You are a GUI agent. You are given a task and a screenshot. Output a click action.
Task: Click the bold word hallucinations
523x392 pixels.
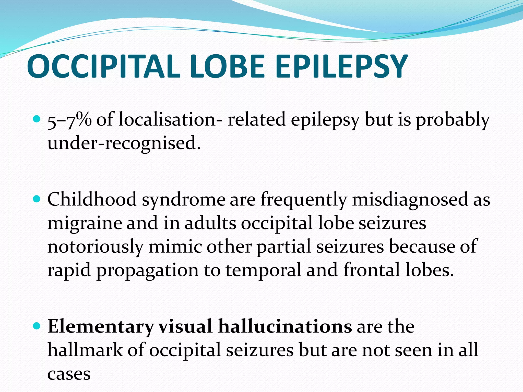click(285, 327)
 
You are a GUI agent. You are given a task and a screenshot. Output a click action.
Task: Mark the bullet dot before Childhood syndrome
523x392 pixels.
click(37, 199)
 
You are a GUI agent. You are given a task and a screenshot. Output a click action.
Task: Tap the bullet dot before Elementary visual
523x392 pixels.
click(37, 326)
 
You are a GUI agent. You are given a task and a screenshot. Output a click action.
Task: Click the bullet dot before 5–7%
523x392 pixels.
click(37, 119)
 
